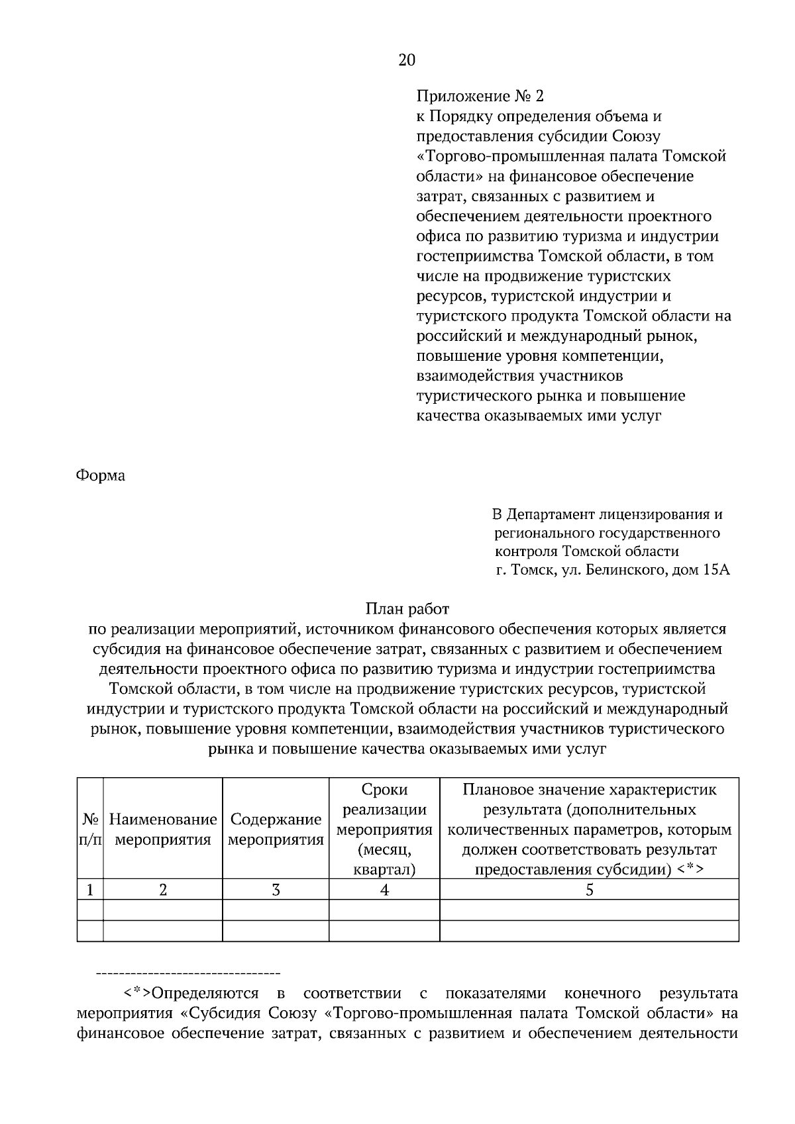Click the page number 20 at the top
[x=406, y=61]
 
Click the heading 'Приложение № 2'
[x=479, y=97]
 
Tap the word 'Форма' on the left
[x=101, y=476]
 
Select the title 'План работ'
[x=407, y=608]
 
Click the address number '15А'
[x=714, y=570]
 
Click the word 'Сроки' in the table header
[x=384, y=790]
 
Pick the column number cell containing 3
[x=276, y=890]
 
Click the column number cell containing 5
[x=589, y=890]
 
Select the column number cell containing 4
[x=384, y=890]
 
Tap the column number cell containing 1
[x=90, y=890]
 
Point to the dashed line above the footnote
[x=188, y=974]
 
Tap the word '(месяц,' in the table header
[x=384, y=849]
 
